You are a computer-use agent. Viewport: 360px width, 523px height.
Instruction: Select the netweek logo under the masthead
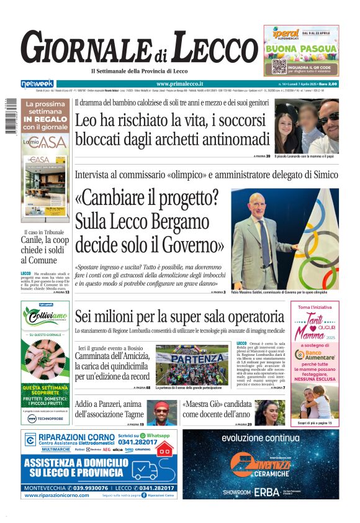pos(37,84)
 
